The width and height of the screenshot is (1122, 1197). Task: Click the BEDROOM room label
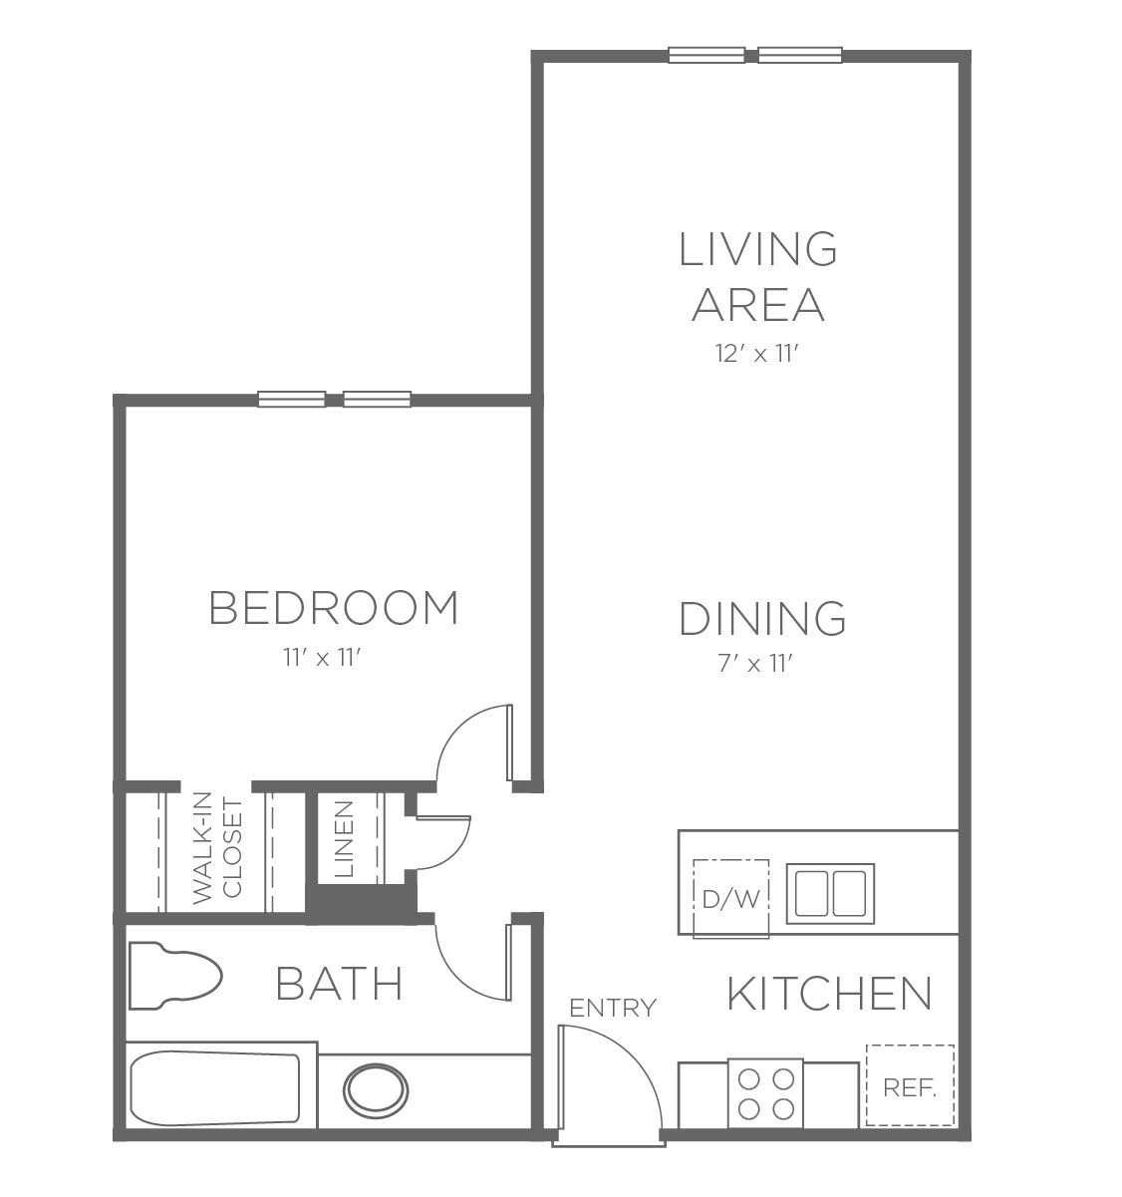[x=333, y=608]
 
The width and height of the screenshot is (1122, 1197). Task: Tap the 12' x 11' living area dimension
[x=757, y=354]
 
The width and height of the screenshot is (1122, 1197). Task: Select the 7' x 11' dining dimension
[x=754, y=664]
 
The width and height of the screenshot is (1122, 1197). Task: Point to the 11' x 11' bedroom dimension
[x=322, y=658]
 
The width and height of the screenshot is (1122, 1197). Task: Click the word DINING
[x=762, y=618]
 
